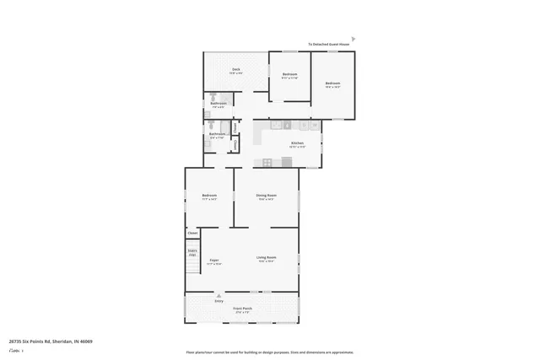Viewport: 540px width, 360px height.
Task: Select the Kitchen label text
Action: [297, 143]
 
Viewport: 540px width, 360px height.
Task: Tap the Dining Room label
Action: [267, 196]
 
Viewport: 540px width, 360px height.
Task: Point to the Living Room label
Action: [267, 257]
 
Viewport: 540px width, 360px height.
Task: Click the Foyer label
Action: [215, 260]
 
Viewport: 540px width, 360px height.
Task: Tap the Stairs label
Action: [192, 250]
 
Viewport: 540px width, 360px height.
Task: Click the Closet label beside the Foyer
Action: [192, 233]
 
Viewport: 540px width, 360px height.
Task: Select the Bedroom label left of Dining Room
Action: [209, 196]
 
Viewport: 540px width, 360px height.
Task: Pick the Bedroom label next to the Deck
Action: [289, 75]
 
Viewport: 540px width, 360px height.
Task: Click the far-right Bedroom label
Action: [332, 83]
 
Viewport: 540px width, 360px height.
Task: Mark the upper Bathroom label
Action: [218, 104]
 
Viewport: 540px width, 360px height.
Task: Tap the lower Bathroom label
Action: [217, 134]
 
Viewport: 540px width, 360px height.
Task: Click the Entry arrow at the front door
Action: [219, 295]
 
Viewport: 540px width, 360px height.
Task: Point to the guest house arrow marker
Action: [354, 39]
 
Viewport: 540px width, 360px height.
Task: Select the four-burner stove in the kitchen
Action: [267, 162]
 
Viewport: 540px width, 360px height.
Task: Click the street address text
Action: [51, 341]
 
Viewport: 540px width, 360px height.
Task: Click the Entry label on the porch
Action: [219, 300]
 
